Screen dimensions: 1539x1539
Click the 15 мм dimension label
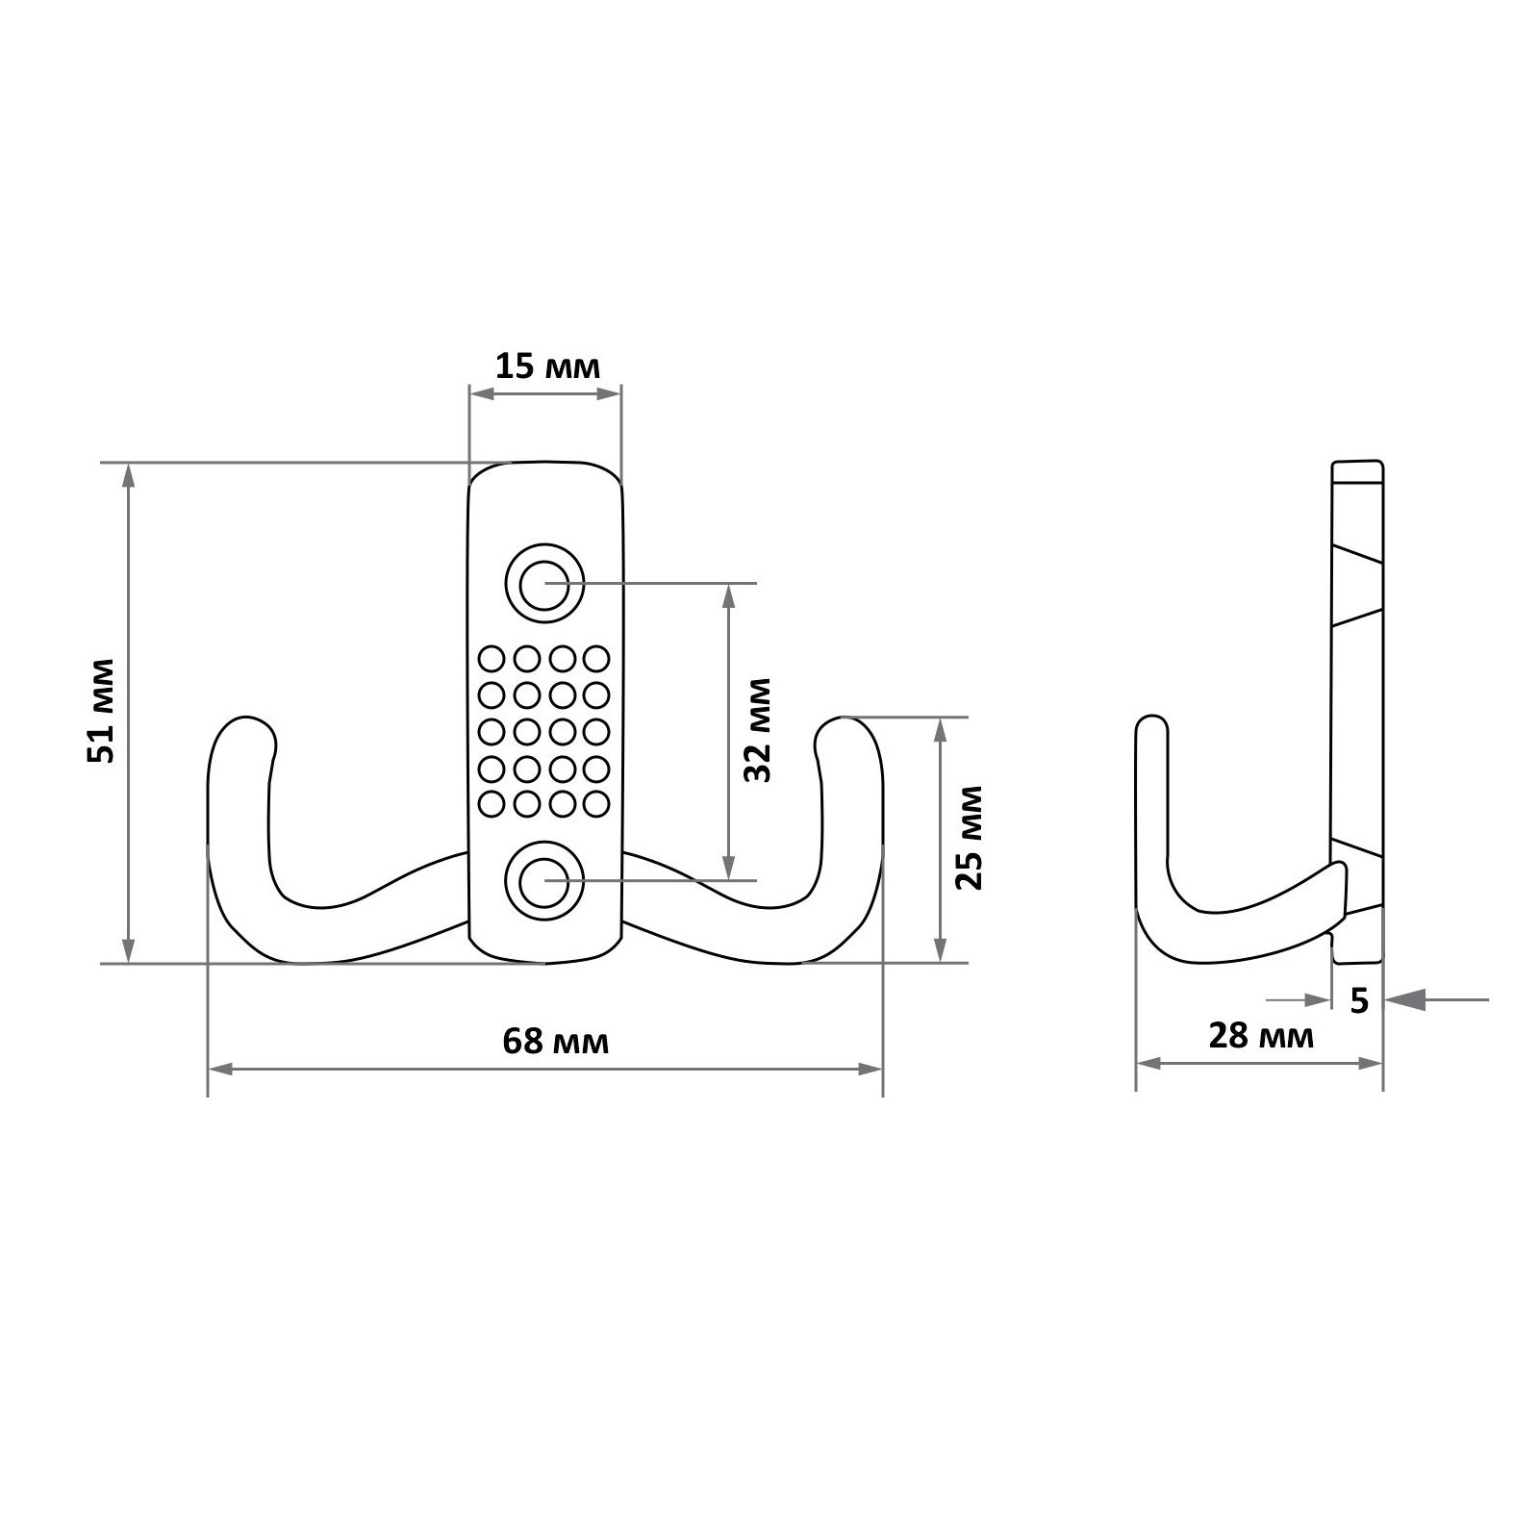[x=547, y=366]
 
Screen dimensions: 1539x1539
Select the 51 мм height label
[x=100, y=711]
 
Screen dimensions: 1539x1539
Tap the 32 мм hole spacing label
[x=759, y=730]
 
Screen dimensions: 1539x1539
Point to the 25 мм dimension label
[x=971, y=838]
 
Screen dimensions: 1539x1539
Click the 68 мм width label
[x=556, y=1041]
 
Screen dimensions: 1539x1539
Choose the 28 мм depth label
[x=1261, y=1036]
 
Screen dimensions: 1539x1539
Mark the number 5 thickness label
[x=1359, y=1000]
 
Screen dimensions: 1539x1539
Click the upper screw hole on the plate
[x=544, y=583]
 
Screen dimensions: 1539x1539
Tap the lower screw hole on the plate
[x=544, y=879]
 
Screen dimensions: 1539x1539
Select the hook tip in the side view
[x=1152, y=719]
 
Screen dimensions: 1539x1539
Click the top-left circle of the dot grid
[x=492, y=659]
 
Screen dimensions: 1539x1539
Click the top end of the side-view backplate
[x=1357, y=463]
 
